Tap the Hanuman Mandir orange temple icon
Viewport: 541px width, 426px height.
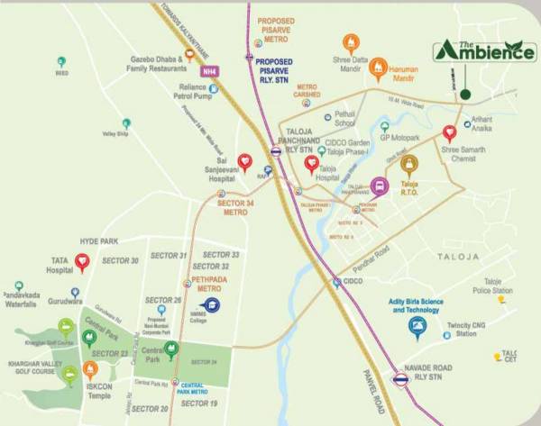(379, 68)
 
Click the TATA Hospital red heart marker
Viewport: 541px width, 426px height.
(82, 262)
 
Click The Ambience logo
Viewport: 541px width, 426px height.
(483, 51)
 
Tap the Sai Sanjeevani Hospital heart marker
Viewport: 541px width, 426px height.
(244, 162)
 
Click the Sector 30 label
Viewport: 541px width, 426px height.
(121, 261)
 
